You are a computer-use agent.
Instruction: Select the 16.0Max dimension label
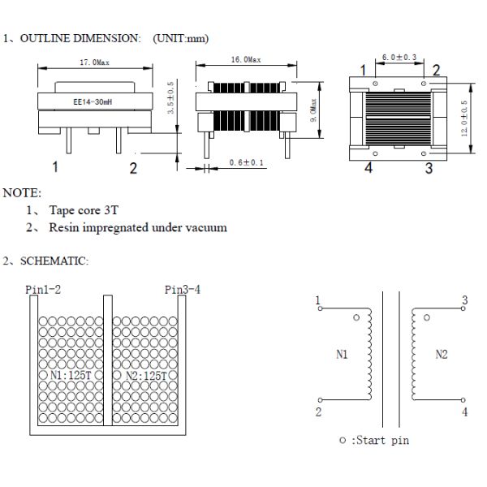[245, 61]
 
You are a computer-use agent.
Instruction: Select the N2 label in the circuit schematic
[442, 355]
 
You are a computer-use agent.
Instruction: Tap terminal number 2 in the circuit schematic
[318, 412]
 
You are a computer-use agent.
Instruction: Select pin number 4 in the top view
[368, 169]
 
